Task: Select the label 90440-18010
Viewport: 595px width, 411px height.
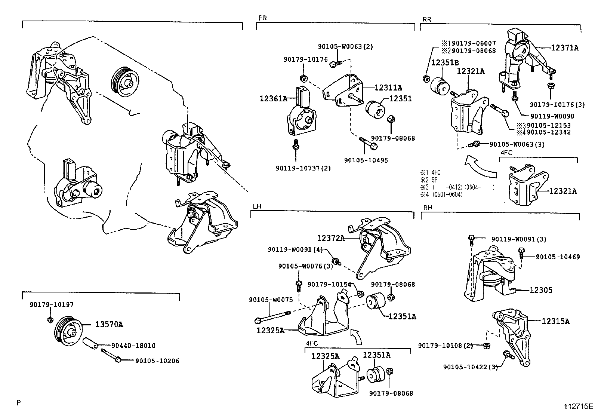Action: point(133,346)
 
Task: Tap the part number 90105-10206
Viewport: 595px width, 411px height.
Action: point(157,361)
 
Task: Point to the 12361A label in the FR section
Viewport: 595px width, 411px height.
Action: point(273,99)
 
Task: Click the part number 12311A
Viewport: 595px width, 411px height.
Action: point(388,88)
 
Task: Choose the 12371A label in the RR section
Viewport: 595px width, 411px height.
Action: point(565,48)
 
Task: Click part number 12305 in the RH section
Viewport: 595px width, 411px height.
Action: point(541,290)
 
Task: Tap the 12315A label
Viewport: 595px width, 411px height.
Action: point(555,321)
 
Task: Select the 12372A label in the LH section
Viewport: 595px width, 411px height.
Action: point(331,238)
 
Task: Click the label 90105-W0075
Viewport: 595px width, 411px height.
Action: point(269,300)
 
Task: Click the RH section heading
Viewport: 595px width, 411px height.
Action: point(428,208)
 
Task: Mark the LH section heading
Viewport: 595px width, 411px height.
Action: point(257,206)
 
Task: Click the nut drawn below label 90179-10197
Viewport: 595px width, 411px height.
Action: point(50,320)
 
